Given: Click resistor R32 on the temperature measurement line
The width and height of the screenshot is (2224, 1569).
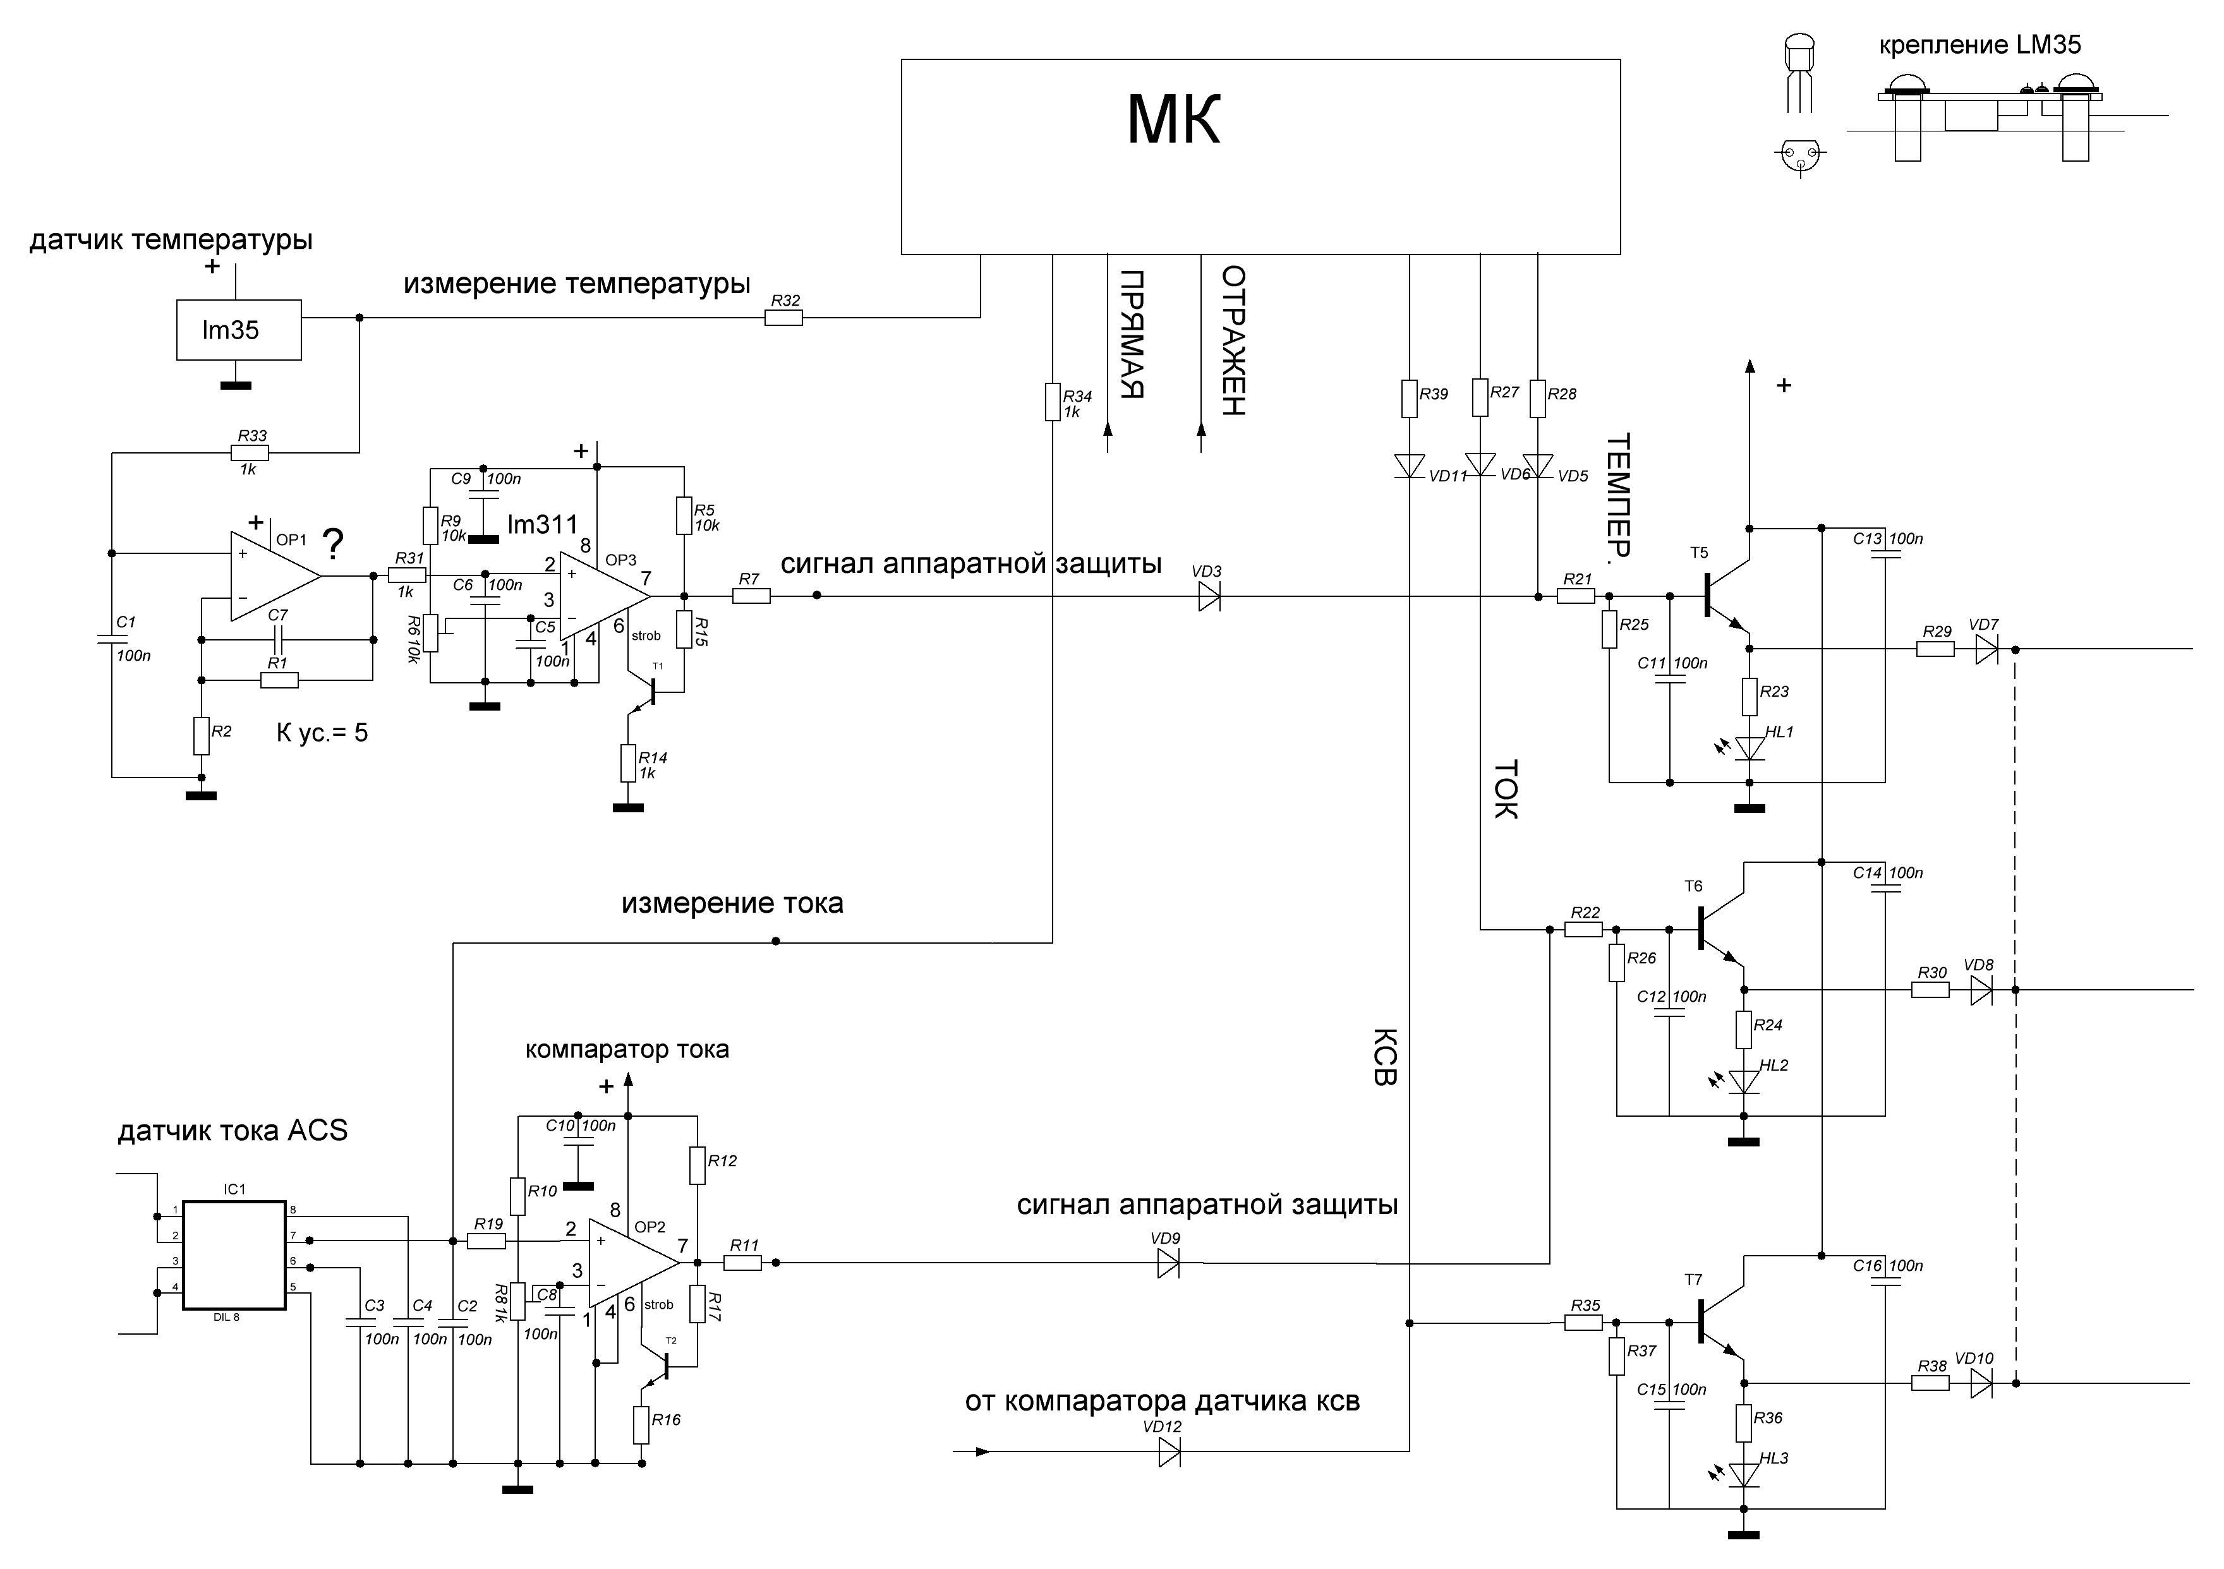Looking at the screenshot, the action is (783, 316).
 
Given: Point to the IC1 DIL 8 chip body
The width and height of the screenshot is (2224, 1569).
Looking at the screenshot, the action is (234, 1256).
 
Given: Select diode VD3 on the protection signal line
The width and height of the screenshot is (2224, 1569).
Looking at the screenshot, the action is (1209, 597).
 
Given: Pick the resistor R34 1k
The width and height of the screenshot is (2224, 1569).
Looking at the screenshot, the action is (1053, 401).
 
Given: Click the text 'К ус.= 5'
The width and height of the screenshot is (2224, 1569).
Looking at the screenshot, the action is (323, 732).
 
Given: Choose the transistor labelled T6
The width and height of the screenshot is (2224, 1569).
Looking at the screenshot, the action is (1717, 928).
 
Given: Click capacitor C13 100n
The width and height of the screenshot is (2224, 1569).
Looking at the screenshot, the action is (1885, 554).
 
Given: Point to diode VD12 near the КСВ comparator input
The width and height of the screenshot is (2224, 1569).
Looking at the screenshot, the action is (1169, 1452).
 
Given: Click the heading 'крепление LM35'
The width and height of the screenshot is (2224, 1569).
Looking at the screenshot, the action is (1980, 45).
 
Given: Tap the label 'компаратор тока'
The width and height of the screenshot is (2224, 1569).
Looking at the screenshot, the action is (627, 1049).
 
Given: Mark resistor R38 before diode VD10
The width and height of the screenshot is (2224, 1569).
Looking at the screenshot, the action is (1930, 1384).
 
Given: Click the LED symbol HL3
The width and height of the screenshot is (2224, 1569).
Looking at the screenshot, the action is (1744, 1475).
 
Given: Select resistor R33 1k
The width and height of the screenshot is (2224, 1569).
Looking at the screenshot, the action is (250, 452).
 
